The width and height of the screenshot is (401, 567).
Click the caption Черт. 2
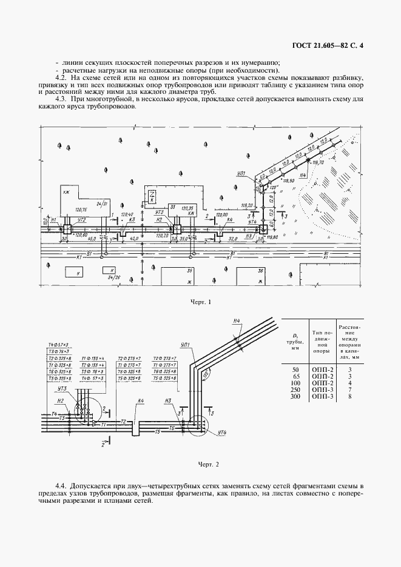[208, 465]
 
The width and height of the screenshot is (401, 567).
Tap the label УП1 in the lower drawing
[186, 345]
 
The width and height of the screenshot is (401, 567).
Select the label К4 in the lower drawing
[140, 401]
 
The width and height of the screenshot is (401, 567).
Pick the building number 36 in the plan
[261, 271]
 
